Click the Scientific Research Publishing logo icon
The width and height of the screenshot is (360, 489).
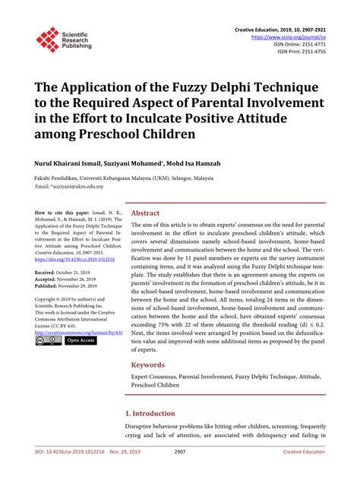point(47,39)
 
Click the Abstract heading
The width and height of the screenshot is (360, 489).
point(145,213)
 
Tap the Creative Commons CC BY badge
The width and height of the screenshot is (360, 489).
point(47,341)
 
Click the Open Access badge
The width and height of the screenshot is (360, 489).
point(81,341)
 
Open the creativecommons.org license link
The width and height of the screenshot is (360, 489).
point(73,332)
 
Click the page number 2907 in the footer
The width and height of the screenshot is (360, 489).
point(179,473)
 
